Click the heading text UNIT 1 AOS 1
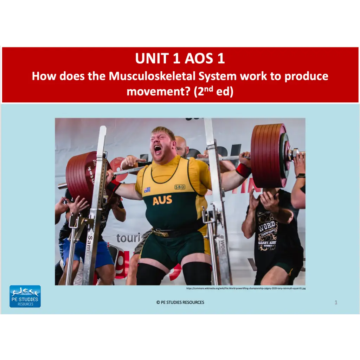coord(180,59)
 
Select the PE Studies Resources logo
coord(25,296)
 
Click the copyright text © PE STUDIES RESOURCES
coord(180,302)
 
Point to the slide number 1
coord(336,302)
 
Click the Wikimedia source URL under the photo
coord(246,288)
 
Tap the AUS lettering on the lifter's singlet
coord(162,200)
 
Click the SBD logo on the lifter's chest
coord(180,187)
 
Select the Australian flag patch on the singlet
coord(147,190)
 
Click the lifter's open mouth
coord(158,149)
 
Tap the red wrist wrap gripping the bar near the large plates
coord(244,170)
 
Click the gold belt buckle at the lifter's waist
coord(161,233)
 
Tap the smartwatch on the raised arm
coord(301,175)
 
